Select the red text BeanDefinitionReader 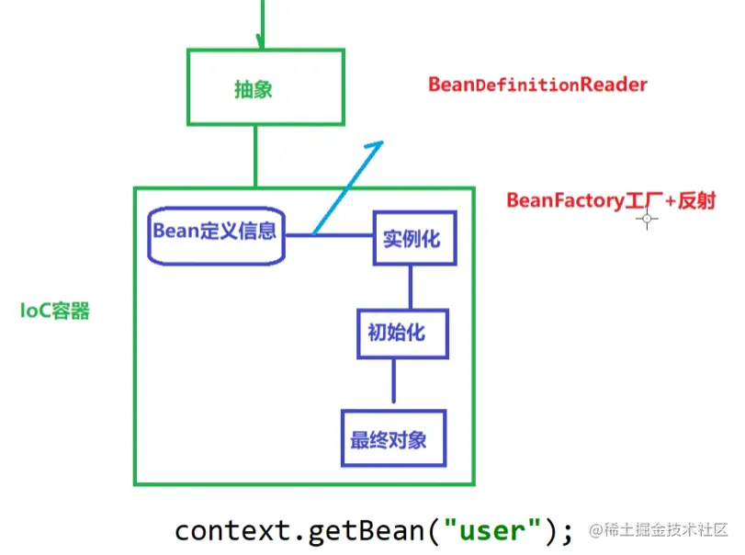(x=537, y=85)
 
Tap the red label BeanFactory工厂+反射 (x=611, y=200)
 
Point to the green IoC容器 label (x=55, y=311)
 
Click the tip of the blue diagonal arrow (x=381, y=143)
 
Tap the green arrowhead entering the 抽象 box (x=262, y=42)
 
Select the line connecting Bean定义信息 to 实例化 (x=328, y=235)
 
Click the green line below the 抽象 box (x=256, y=156)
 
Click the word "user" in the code (x=491, y=530)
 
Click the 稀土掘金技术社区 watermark (x=667, y=530)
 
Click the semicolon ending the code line (x=567, y=532)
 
